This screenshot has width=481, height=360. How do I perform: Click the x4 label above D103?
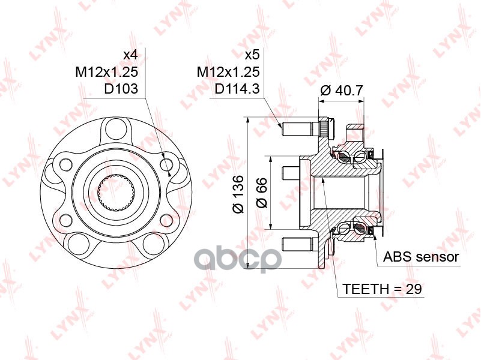pyautogui.click(x=130, y=55)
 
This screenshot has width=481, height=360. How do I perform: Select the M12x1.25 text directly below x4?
pyautogui.click(x=107, y=72)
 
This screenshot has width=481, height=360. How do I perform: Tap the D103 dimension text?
pyautogui.click(x=121, y=89)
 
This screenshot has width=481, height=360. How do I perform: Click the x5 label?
pyautogui.click(x=252, y=55)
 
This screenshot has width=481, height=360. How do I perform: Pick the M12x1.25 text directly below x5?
pyautogui.click(x=228, y=72)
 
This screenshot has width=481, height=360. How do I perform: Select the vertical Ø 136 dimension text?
pyautogui.click(x=237, y=194)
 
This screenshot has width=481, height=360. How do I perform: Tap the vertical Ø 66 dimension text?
pyautogui.click(x=261, y=194)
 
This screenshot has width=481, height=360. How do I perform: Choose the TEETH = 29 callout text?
pyautogui.click(x=383, y=289)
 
